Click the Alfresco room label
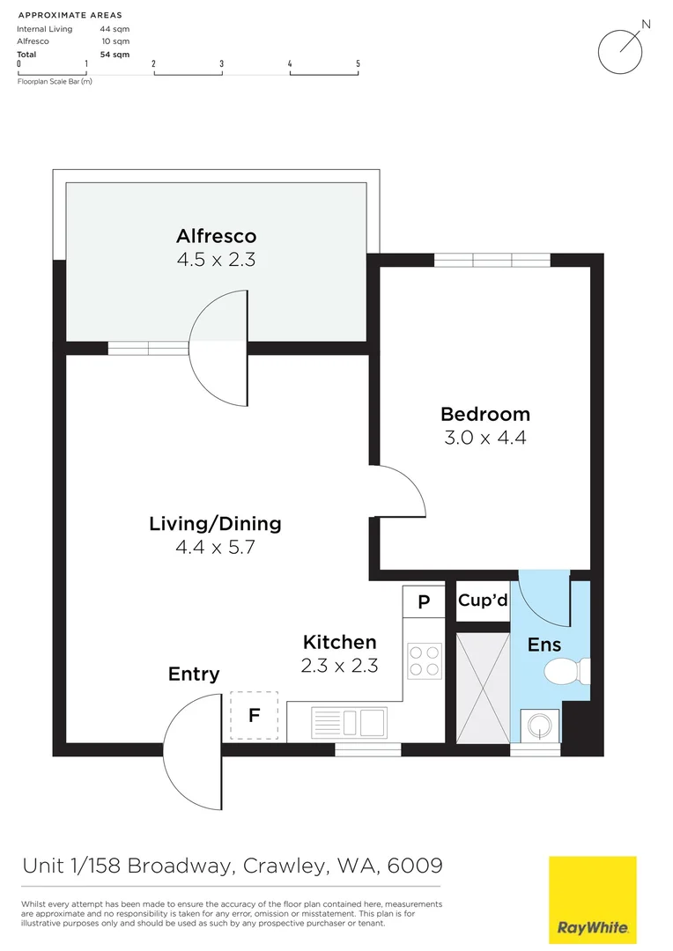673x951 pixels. pos(216,236)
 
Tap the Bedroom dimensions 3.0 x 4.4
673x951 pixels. pos(485,437)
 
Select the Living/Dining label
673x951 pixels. pos(215,524)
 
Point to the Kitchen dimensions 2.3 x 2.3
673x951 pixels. pos(339,666)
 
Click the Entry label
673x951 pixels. pos(194,675)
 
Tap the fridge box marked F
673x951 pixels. pos(254,715)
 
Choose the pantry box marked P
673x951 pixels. pos(424,602)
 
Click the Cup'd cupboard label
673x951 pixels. pos(483,601)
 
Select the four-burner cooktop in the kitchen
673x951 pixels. pos(424,660)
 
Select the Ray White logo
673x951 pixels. pos(592,899)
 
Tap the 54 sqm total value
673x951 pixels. pos(115,54)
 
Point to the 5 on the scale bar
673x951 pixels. pos(358,63)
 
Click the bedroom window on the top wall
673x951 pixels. pos(492,260)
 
